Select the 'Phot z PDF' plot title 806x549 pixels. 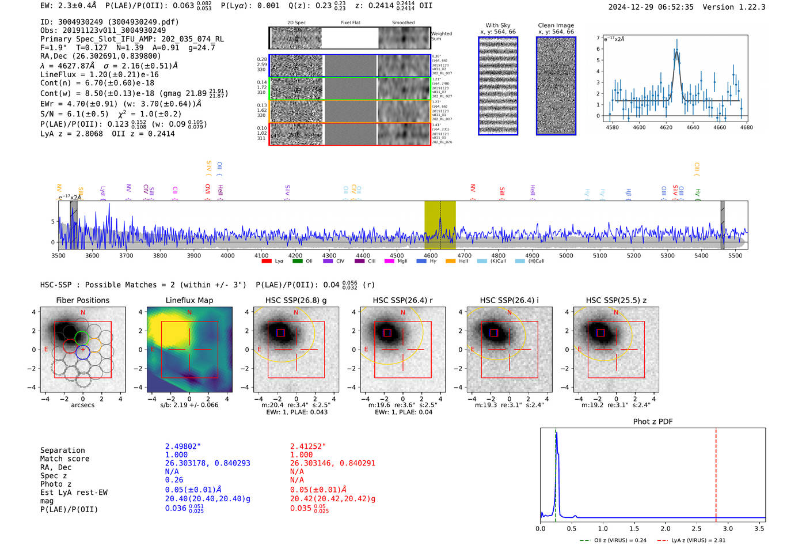click(x=653, y=421)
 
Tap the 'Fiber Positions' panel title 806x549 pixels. click(x=82, y=300)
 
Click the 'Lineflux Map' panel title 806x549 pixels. click(x=189, y=300)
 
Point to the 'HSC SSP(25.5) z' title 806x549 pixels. click(x=616, y=300)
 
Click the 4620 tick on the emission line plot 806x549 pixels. click(x=666, y=127)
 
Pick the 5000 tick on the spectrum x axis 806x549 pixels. click(x=566, y=256)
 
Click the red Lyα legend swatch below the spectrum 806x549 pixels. click(x=267, y=262)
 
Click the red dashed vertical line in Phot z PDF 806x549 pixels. click(x=716, y=472)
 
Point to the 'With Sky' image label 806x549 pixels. click(x=498, y=25)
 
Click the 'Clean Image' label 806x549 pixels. click(x=556, y=25)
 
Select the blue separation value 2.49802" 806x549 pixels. click(x=183, y=446)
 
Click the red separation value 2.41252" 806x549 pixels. click(x=308, y=446)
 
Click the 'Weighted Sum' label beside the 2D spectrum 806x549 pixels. click(x=442, y=36)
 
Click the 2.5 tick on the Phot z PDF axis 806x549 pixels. click(x=697, y=528)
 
